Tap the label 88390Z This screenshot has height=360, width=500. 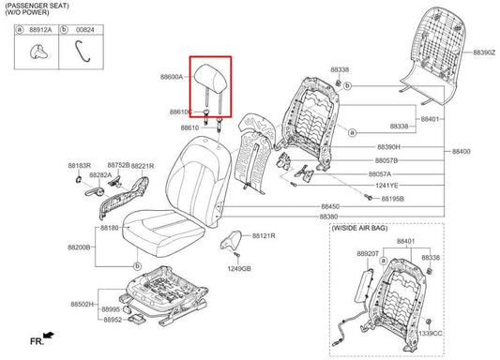tap(484, 53)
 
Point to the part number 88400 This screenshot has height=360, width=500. tap(462, 151)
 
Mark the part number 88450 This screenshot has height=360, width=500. tap(330, 206)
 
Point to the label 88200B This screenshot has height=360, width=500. tap(78, 247)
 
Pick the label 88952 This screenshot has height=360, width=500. tap(114, 319)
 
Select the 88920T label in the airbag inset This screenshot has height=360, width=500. tap(368, 253)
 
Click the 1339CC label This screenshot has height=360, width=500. tap(430, 333)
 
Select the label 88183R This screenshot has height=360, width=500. tap(79, 165)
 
